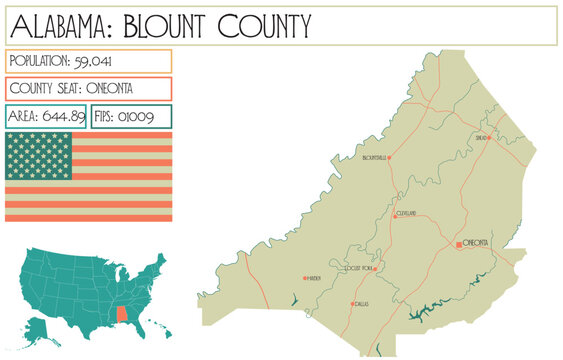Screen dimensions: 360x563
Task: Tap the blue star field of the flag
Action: click(39, 156)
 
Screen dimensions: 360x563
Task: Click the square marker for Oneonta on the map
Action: click(460, 244)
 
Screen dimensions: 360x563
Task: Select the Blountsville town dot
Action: click(389, 158)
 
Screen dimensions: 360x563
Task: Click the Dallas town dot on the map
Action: click(352, 303)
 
